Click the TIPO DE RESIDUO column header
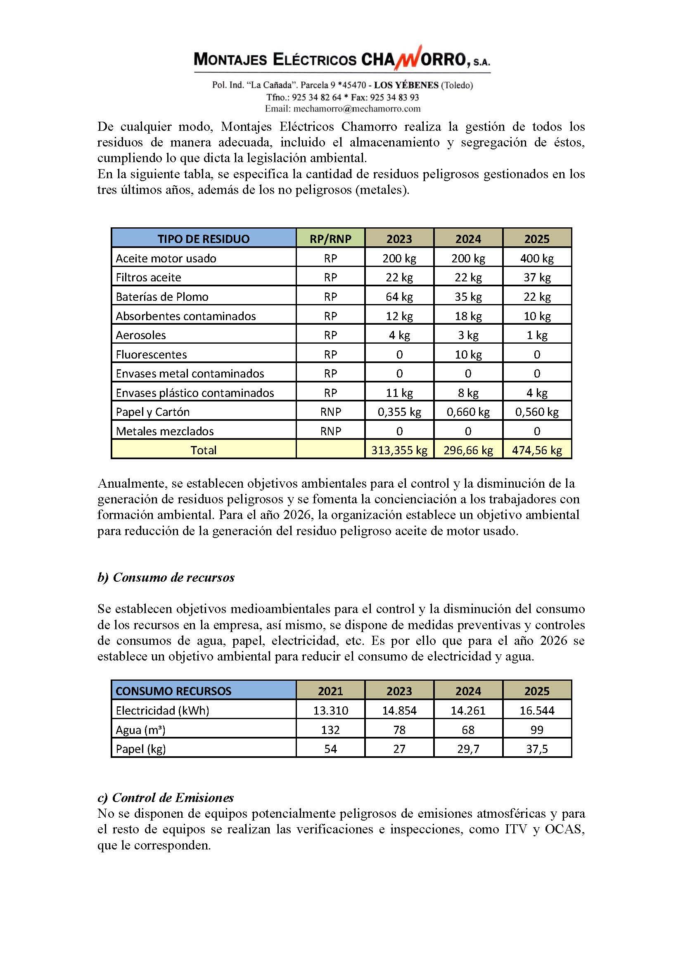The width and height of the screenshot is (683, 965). click(204, 239)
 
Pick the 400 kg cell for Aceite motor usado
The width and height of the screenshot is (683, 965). click(537, 258)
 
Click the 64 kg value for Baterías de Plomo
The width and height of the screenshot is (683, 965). click(399, 297)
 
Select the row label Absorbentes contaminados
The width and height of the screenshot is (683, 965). click(185, 316)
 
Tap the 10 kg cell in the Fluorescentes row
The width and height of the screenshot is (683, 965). click(468, 354)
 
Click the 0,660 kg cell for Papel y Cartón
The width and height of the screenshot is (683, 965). click(468, 412)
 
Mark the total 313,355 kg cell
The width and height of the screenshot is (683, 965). click(399, 451)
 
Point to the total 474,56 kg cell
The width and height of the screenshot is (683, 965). click(537, 451)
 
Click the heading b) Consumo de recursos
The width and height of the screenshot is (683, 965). click(166, 578)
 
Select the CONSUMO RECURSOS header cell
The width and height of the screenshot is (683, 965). click(173, 691)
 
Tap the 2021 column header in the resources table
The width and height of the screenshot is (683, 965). click(331, 691)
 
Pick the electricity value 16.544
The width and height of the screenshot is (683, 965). click(537, 710)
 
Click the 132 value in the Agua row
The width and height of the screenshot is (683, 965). click(331, 730)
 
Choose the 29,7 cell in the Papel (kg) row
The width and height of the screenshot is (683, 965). click(468, 749)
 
